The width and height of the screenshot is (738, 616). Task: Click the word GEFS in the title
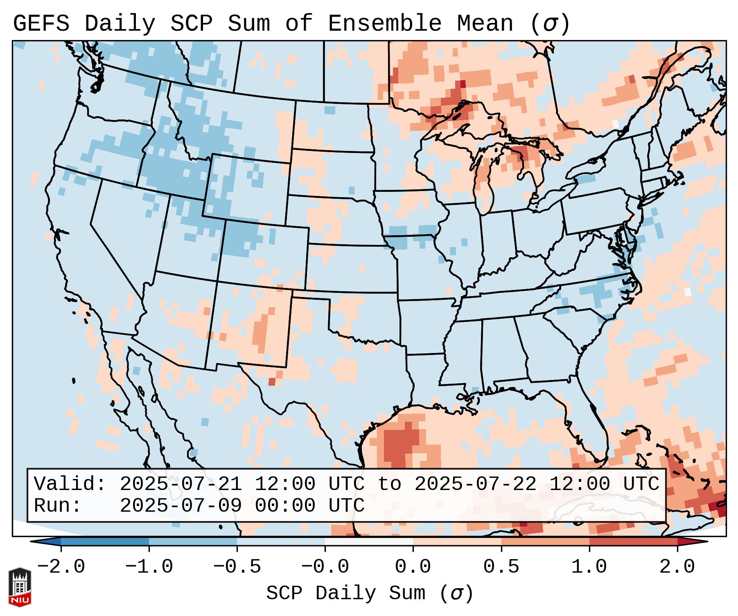click(x=41, y=24)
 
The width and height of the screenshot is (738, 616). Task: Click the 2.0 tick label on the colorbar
click(x=677, y=567)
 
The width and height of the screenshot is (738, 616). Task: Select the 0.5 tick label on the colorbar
click(x=501, y=567)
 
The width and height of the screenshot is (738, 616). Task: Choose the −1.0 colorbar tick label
click(x=149, y=567)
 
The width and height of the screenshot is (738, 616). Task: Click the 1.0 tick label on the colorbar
click(x=589, y=567)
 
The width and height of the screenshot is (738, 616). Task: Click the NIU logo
click(x=20, y=587)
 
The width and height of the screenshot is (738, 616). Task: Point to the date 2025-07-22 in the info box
click(x=475, y=484)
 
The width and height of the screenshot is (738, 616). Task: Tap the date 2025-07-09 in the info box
click(x=180, y=506)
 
